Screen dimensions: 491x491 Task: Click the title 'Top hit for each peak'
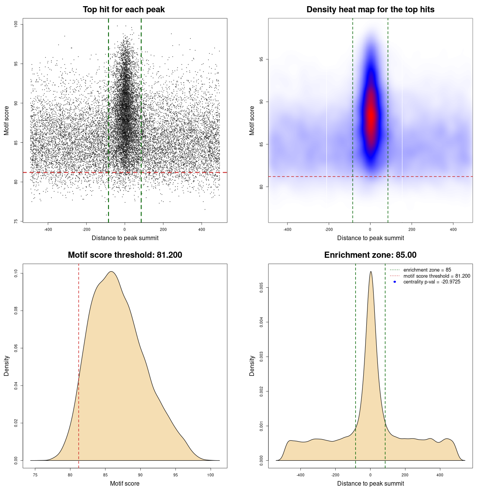[x=124, y=10]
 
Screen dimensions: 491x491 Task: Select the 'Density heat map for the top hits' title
[x=370, y=10]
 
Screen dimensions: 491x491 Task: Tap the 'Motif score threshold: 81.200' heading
[x=125, y=255]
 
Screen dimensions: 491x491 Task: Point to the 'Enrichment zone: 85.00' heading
[x=370, y=255]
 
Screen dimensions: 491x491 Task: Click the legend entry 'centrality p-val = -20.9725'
[x=432, y=282]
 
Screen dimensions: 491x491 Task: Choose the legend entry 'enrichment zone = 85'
[x=427, y=270]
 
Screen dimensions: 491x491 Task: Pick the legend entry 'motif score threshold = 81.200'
[x=437, y=276]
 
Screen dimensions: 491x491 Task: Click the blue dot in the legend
[x=395, y=282]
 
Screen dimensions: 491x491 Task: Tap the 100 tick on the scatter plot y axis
[x=16, y=24]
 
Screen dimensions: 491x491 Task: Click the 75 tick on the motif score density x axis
[x=35, y=475]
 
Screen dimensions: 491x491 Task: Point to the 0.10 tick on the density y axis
[x=16, y=274]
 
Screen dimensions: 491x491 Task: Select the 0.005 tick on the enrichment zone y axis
[x=261, y=288]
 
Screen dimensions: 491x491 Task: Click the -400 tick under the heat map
[x=287, y=229]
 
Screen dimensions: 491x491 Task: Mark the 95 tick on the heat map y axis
[x=261, y=59]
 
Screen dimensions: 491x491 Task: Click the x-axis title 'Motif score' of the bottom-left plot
[x=125, y=483]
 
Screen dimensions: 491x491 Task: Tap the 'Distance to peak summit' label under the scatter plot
[x=125, y=238]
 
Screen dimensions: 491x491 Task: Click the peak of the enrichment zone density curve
[x=371, y=272]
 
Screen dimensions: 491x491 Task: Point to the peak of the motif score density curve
[x=111, y=272]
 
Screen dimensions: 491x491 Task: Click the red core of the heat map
[x=371, y=115]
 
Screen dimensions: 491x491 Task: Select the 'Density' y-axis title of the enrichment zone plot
[x=252, y=366]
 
